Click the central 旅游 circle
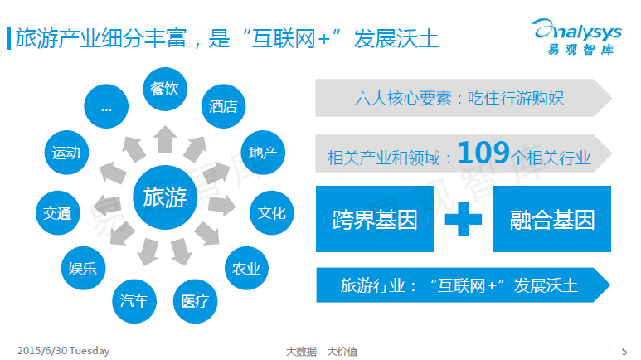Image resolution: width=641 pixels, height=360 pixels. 165,197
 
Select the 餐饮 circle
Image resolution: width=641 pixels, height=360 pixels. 165,89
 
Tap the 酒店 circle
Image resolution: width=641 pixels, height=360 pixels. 224,106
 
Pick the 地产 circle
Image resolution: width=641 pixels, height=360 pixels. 263,153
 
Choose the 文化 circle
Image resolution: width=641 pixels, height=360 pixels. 272,212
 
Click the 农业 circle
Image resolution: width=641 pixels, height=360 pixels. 246,269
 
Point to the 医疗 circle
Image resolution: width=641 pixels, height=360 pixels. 196,301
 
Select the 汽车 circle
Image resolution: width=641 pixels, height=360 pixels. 134,301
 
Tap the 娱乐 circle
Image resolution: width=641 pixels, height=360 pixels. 84,269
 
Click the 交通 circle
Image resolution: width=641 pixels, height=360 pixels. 58,212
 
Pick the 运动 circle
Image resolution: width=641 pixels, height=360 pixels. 66,153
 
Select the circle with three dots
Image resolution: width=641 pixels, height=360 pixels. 106,106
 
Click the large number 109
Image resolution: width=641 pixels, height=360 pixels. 483,153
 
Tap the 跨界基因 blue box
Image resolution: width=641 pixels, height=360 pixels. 375,219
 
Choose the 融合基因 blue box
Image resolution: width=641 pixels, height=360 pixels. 552,219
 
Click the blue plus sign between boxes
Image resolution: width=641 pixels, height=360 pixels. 464,219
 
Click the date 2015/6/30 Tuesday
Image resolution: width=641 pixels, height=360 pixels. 63,351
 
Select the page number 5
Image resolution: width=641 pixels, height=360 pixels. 624,351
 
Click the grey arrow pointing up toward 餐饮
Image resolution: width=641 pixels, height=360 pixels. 165,139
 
